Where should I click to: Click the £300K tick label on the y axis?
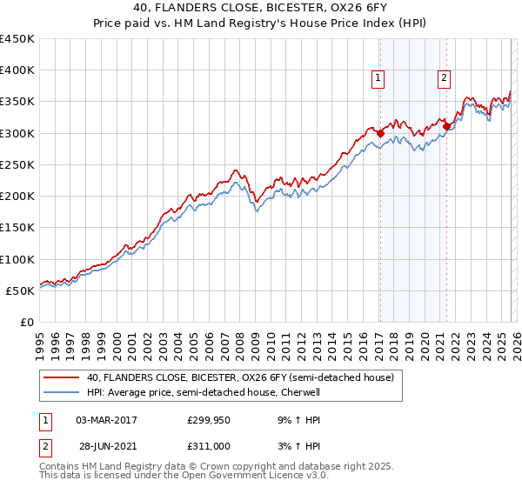pyautogui.click(x=17, y=133)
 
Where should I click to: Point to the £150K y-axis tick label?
pyautogui.click(x=17, y=227)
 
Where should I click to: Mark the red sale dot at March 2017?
pyautogui.click(x=380, y=133)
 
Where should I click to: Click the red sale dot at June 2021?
pyautogui.click(x=446, y=126)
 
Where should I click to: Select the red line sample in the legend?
pyautogui.click(x=62, y=378)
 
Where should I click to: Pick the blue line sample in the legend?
pyautogui.click(x=62, y=392)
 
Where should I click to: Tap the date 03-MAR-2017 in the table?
pyautogui.click(x=107, y=420)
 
